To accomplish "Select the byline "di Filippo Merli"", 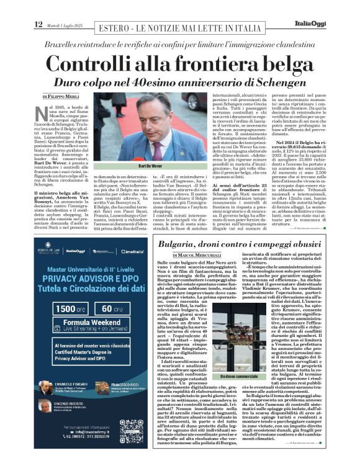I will tap(63, 97).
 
